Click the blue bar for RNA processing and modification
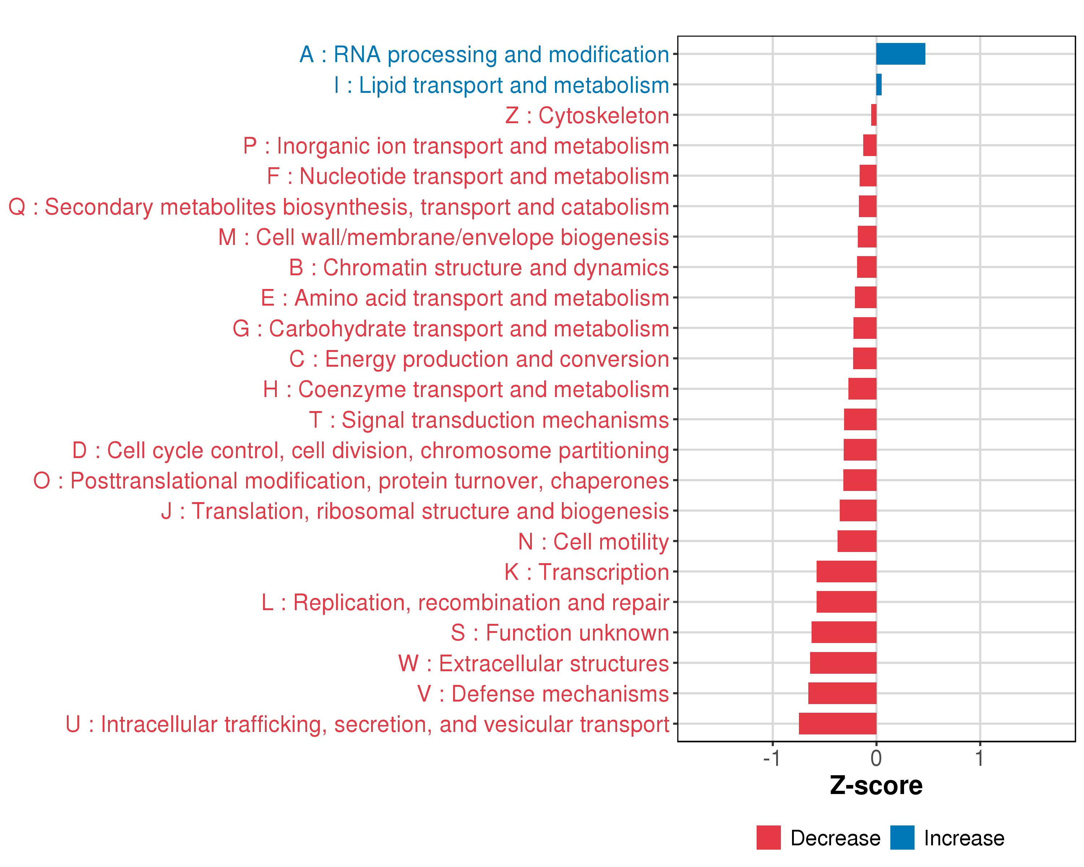900,54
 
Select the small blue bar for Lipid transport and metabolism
878,85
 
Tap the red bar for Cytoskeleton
874,115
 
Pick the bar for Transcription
846,571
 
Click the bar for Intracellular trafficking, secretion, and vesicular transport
837,724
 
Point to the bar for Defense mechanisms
842,693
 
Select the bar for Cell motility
857,541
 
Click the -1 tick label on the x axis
772,758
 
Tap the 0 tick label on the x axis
876,758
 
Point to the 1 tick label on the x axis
980,758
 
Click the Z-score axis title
876,786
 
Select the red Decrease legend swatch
768,838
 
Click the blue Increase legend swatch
902,838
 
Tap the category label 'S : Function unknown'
560,633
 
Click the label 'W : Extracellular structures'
533,664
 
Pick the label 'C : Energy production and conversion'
479,359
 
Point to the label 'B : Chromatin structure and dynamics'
479,267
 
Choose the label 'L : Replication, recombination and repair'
465,602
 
